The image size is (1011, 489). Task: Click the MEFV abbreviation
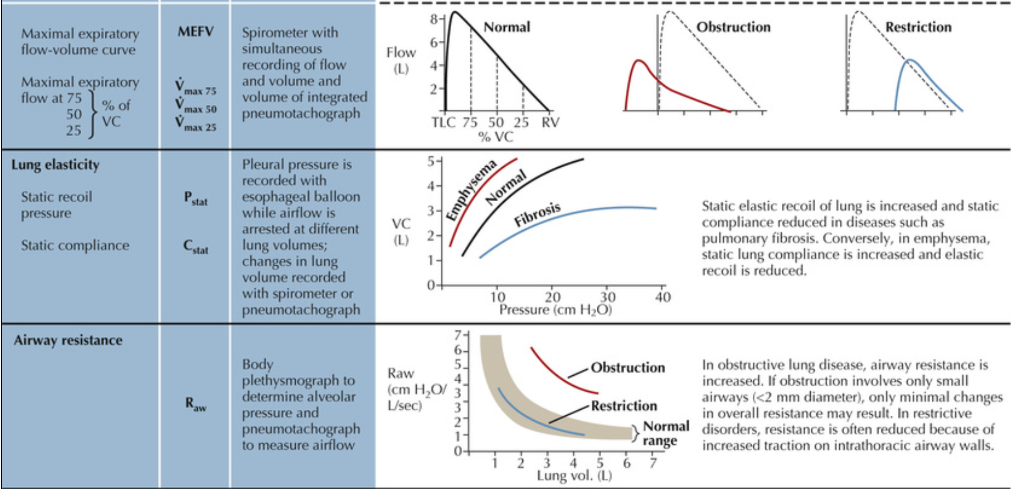(195, 32)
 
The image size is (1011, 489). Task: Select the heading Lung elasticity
(56, 165)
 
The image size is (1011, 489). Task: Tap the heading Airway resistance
(68, 340)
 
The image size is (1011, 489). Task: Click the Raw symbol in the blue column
(196, 404)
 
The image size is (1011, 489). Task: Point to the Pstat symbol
(196, 198)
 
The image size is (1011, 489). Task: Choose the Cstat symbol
(196, 246)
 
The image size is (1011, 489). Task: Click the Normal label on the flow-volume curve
(507, 27)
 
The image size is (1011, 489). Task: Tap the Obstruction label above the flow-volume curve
(733, 27)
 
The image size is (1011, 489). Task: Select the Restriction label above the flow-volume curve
(918, 27)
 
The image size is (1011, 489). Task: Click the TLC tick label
(443, 122)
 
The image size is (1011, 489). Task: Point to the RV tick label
(550, 122)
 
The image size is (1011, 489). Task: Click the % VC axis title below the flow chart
(496, 137)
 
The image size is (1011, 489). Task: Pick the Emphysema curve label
(471, 190)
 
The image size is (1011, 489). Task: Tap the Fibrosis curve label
(537, 214)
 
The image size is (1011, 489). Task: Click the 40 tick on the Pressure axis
(662, 297)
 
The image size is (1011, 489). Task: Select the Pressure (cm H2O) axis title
(555, 310)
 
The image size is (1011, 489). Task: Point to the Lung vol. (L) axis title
(574, 476)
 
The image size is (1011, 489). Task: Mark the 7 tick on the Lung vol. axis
(653, 463)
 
